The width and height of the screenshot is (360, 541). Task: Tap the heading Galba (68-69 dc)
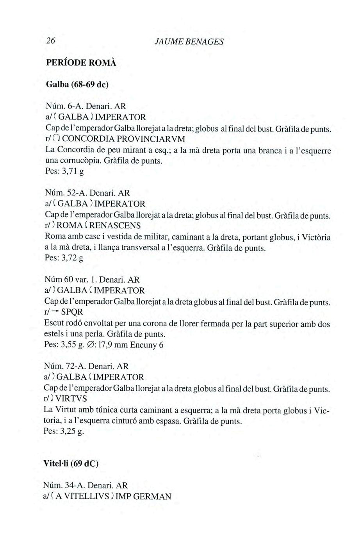click(77, 84)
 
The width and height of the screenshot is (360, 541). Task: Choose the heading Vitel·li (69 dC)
click(71, 464)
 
